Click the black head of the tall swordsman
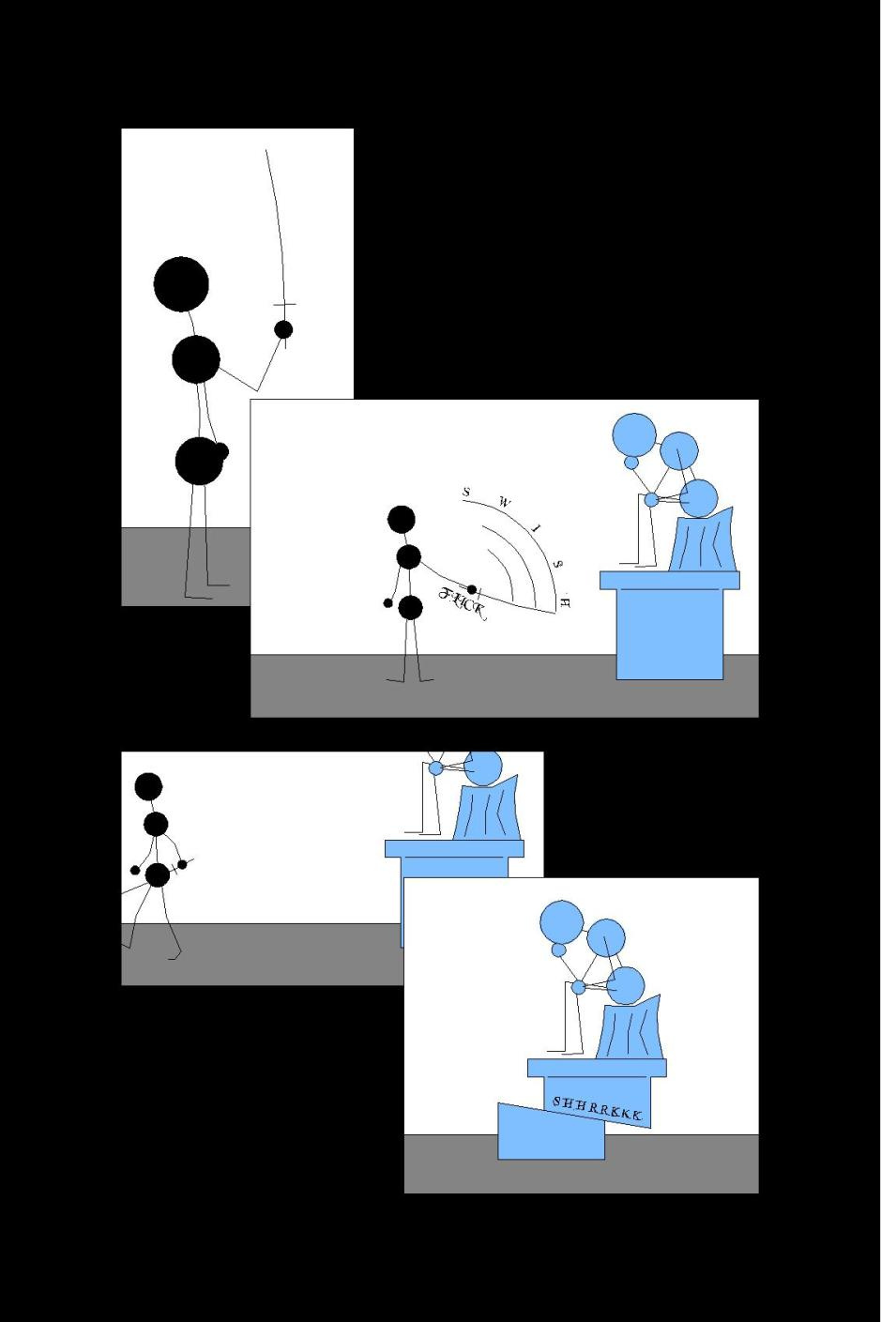click(x=181, y=284)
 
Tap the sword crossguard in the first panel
click(x=284, y=305)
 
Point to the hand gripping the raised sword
click(x=284, y=329)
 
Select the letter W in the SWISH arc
click(x=504, y=502)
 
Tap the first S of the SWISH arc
click(x=466, y=491)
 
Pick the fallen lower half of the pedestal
click(x=551, y=1132)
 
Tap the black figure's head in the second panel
click(x=402, y=519)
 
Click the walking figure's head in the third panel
click(x=148, y=786)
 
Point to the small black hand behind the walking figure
click(x=135, y=870)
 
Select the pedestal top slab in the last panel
click(x=597, y=1068)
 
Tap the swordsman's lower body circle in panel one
click(x=200, y=461)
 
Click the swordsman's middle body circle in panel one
click(x=196, y=359)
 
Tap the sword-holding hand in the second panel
click(x=472, y=589)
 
